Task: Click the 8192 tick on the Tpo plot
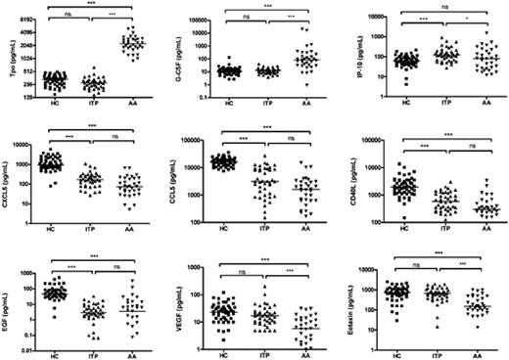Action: tap(26, 20)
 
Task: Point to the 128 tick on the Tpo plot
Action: tap(29, 97)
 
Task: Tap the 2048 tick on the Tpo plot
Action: tap(26, 45)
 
